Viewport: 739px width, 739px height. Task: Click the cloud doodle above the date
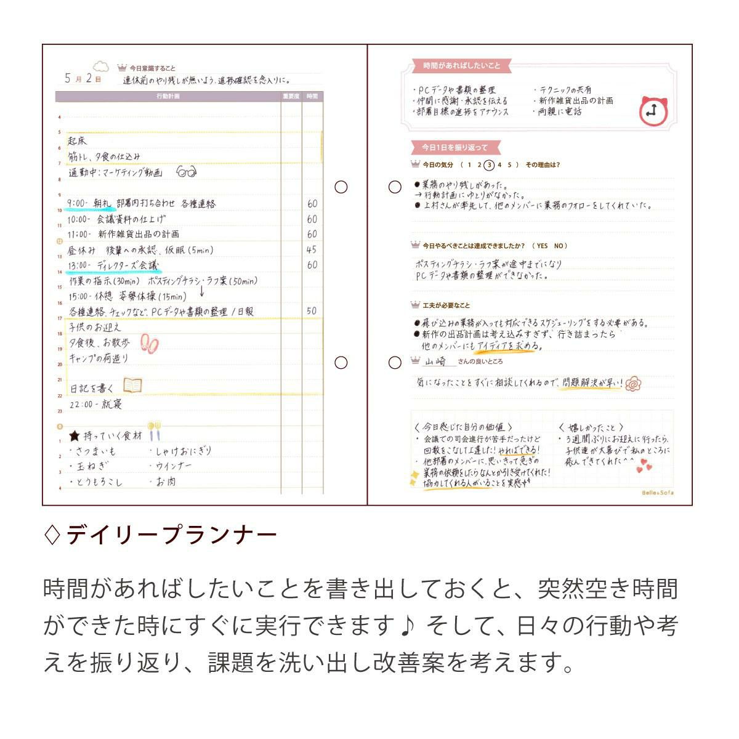[100, 66]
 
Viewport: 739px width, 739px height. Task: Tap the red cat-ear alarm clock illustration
[652, 111]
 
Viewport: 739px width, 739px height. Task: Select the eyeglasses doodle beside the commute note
[186, 172]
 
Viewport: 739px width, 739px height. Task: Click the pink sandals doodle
[149, 342]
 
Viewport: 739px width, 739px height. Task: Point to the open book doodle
[132, 386]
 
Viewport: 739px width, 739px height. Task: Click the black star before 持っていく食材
[75, 436]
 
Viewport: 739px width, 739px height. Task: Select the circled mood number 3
[489, 165]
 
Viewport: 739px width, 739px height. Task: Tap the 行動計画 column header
[168, 97]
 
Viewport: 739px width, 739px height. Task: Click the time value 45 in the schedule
[312, 249]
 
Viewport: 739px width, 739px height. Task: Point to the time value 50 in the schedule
[312, 311]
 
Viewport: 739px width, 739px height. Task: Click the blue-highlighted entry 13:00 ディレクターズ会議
[115, 265]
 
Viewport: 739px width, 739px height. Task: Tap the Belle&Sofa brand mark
[658, 493]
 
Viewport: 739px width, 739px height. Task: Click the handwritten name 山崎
[436, 361]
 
